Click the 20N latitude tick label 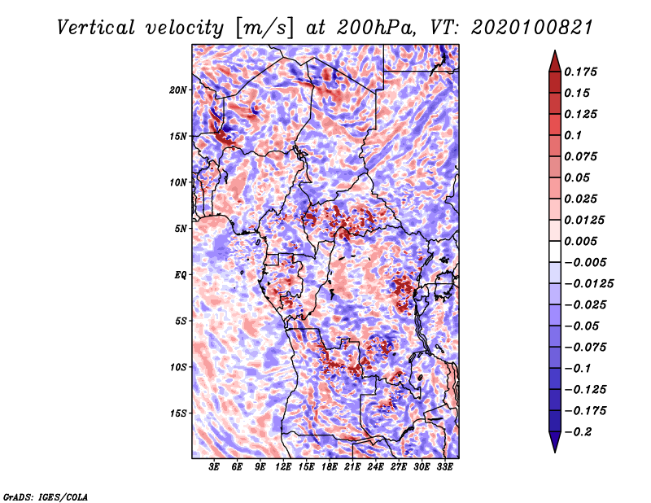click(x=178, y=90)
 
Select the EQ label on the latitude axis click(x=180, y=275)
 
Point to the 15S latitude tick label click(x=178, y=413)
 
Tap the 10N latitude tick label click(x=178, y=182)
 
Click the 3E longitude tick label click(x=214, y=467)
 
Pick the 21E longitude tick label click(x=353, y=467)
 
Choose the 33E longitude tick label click(x=445, y=467)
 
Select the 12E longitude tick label click(x=283, y=467)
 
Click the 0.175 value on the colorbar click(x=583, y=72)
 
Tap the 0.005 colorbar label click(x=583, y=241)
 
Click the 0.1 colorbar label click(x=573, y=135)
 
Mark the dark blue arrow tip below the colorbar click(x=553, y=446)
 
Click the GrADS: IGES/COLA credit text click(x=46, y=496)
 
